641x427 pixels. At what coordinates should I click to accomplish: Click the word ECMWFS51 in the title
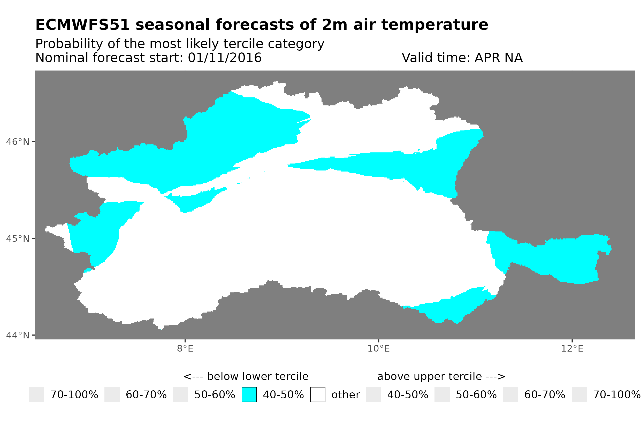click(x=82, y=25)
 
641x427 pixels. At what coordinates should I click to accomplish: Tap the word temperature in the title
click(x=434, y=25)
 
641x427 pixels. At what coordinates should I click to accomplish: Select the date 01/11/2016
click(x=224, y=58)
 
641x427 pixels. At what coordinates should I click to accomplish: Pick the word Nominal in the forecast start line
click(x=62, y=58)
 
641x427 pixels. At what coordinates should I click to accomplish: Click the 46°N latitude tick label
click(x=17, y=142)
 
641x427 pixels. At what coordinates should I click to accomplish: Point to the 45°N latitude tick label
click(x=17, y=238)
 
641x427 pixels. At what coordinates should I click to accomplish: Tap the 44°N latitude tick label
click(x=17, y=335)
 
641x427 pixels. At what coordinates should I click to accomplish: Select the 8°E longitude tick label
click(x=185, y=348)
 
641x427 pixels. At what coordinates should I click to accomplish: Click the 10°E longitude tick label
click(x=378, y=348)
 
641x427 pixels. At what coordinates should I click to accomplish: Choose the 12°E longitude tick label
click(x=572, y=348)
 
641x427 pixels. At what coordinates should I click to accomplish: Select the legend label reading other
click(x=345, y=395)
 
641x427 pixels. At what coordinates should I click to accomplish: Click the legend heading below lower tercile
click(x=246, y=377)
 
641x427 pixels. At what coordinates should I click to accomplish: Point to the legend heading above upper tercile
click(x=441, y=377)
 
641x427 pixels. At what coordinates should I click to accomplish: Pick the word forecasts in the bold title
click(x=254, y=25)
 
